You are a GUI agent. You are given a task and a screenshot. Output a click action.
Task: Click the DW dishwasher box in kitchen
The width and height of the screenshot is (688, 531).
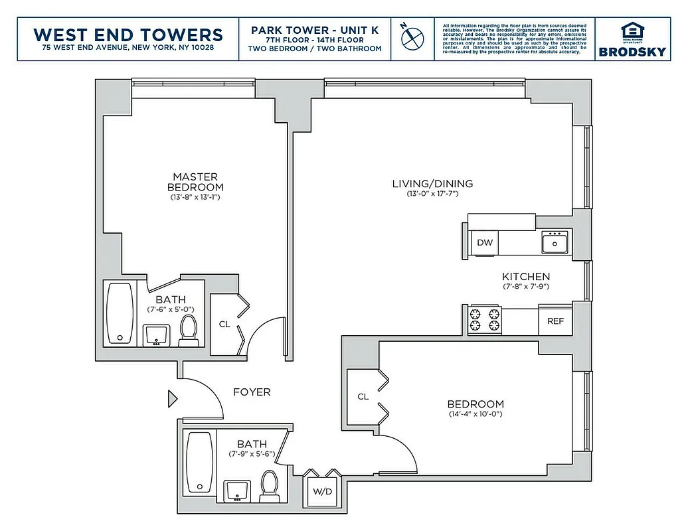point(485,242)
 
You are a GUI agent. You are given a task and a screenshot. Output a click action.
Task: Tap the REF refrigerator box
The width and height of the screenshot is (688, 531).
point(555,321)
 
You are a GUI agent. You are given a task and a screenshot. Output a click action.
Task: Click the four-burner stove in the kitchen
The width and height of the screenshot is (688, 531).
point(485,319)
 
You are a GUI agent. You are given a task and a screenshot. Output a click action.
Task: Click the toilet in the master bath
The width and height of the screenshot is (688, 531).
point(189,329)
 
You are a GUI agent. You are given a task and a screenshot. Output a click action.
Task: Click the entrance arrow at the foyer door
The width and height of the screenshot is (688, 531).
point(173,399)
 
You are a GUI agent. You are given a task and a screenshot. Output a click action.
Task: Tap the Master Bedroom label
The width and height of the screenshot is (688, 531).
point(195,182)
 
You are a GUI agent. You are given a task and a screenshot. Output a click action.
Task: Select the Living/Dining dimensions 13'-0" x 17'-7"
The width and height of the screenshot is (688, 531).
point(432,194)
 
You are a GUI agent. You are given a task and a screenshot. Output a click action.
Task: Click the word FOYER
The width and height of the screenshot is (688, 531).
point(252,392)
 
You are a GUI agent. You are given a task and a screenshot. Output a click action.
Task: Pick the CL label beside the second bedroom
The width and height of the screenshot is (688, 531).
point(363,397)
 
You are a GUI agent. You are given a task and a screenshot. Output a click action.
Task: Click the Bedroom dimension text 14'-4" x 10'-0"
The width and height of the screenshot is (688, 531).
point(475,415)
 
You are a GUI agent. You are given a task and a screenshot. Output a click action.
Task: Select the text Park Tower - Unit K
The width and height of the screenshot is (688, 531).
point(315,30)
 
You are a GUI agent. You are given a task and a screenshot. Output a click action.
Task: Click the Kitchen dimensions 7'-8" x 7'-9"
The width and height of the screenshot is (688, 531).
point(525,287)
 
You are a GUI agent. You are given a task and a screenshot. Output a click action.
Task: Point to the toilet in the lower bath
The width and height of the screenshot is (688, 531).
point(270,484)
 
